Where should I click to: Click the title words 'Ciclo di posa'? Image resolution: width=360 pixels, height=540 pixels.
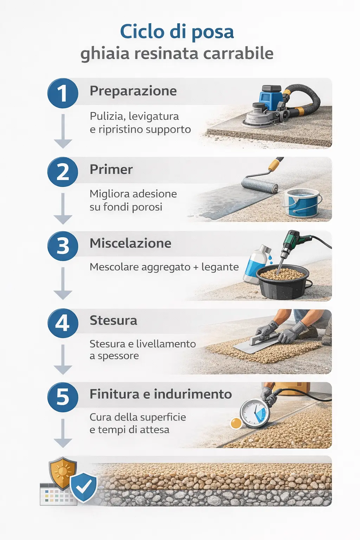[x=177, y=32]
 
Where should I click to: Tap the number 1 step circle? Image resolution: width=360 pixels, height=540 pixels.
[x=63, y=93]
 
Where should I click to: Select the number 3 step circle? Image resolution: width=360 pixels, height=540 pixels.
[x=63, y=246]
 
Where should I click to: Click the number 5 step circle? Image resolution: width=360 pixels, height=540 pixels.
[x=63, y=397]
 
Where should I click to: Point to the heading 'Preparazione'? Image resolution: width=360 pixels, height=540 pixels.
[x=133, y=91]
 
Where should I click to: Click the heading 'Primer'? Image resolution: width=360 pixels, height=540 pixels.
[x=111, y=169]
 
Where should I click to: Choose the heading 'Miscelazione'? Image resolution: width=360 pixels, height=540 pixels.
[x=130, y=243]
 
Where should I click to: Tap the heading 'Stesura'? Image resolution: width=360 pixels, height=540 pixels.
[x=113, y=321]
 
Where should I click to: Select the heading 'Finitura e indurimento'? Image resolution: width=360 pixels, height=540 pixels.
[x=161, y=394]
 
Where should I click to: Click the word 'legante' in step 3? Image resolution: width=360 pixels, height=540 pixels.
[x=220, y=267]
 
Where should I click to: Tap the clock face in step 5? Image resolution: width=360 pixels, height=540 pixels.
[x=255, y=413]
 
